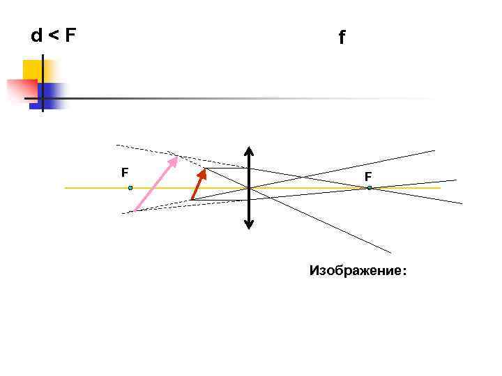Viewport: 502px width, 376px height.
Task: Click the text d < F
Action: tap(53, 36)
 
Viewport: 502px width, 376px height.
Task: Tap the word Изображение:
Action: tap(357, 270)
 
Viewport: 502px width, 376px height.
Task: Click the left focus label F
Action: tap(124, 171)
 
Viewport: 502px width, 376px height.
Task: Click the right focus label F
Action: tap(367, 178)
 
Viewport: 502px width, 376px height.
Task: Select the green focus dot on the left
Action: tap(130, 188)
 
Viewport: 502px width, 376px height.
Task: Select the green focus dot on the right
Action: tap(370, 188)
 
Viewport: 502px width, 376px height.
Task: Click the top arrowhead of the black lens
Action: tap(249, 150)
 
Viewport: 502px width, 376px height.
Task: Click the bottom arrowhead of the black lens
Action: tap(249, 224)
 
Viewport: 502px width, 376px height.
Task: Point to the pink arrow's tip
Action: tap(176, 158)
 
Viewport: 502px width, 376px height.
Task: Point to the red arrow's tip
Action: tap(205, 170)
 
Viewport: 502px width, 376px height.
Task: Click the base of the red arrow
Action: tap(192, 200)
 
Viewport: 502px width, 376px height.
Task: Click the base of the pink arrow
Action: tap(135, 210)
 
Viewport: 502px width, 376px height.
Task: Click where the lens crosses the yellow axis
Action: tap(249, 188)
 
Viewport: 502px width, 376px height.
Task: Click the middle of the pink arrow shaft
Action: tap(155, 185)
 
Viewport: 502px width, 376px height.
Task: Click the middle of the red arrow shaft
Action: tap(198, 186)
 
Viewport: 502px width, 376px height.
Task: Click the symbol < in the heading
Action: tap(53, 36)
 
